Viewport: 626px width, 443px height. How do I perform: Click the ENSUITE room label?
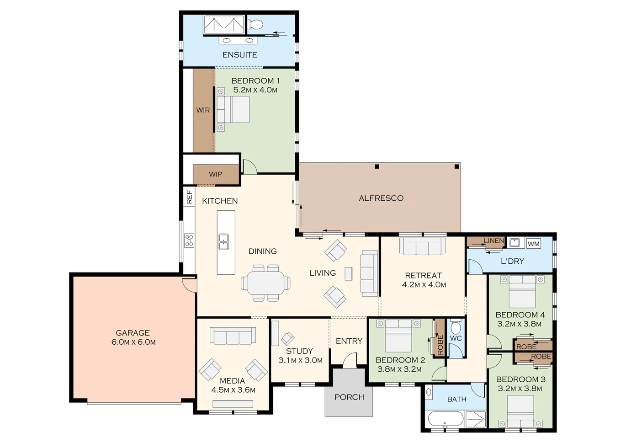click(x=239, y=55)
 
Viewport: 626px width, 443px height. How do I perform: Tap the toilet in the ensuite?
click(x=255, y=25)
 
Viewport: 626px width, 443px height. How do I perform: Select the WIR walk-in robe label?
click(x=203, y=110)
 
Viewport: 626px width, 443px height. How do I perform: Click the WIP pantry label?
click(x=216, y=174)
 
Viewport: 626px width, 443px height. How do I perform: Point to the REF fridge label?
click(x=190, y=197)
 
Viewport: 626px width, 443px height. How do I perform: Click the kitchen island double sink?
click(x=223, y=242)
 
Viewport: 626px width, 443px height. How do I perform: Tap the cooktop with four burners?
click(x=189, y=240)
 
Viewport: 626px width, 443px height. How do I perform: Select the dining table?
click(x=265, y=283)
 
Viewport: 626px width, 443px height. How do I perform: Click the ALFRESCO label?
click(x=381, y=198)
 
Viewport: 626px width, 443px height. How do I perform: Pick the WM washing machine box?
click(x=533, y=244)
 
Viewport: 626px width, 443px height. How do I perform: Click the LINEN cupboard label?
click(x=494, y=240)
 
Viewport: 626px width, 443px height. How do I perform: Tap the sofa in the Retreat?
click(x=422, y=246)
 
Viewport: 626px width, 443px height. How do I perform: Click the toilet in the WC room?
click(x=456, y=327)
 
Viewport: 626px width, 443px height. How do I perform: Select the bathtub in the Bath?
click(x=446, y=419)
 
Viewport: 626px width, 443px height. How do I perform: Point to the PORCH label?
click(x=350, y=397)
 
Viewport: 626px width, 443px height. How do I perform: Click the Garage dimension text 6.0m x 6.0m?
click(x=133, y=342)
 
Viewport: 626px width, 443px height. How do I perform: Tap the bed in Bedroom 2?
click(x=398, y=336)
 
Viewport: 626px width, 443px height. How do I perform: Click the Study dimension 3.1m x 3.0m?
click(x=300, y=360)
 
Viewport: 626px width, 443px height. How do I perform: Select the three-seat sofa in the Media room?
click(x=233, y=336)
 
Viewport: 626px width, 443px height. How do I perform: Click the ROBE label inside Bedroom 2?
click(x=440, y=345)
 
